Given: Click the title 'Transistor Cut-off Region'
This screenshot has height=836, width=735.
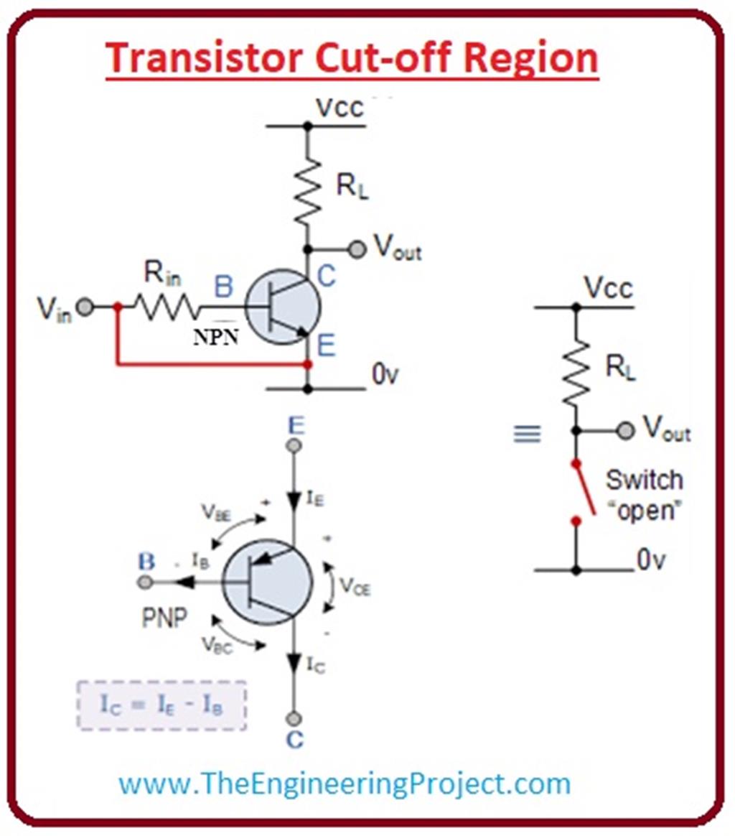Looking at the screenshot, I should coord(352,58).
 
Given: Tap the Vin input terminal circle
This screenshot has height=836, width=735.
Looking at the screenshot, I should coord(85,307).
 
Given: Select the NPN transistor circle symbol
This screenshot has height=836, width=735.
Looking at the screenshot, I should coord(282,307).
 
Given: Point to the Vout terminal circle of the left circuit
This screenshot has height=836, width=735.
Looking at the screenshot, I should coord(357,249).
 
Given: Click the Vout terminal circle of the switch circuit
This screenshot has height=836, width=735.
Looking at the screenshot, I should coord(626,431).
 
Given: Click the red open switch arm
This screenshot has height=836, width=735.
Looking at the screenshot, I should coord(584,488).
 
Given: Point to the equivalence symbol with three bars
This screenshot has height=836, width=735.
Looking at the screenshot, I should coord(527,434).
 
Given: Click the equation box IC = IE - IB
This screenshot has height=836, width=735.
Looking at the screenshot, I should coord(161,705).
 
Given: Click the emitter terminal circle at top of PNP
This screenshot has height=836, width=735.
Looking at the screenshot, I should coord(294,446).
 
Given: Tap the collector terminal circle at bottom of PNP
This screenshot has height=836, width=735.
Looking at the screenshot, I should coord(294,718).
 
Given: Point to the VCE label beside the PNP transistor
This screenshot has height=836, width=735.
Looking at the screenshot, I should coord(355,587).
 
